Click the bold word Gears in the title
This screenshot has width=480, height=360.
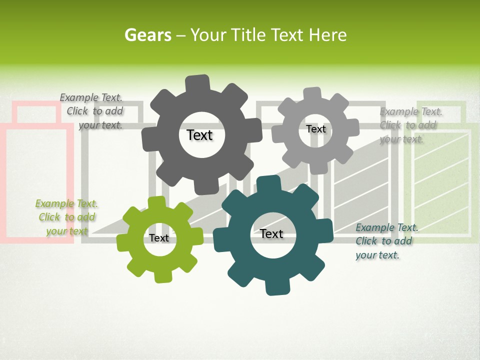147,35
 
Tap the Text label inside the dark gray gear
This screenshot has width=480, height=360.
199,135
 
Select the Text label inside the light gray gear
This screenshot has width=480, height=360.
315,129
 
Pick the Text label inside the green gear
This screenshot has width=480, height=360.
159,238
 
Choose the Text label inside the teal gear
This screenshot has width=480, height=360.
271,233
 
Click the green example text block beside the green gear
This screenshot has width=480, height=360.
66,217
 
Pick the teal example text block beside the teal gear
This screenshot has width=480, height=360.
386,241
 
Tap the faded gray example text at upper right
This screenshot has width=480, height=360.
410,125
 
